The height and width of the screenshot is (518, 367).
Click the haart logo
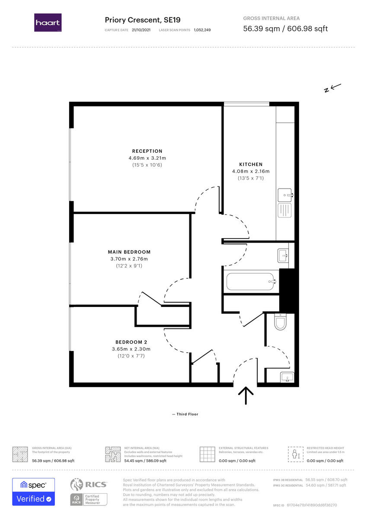pos(48,22)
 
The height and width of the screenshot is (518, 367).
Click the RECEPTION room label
pos(147,151)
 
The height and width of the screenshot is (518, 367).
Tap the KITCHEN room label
pos(251,164)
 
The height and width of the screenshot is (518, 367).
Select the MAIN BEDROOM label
pos(129,252)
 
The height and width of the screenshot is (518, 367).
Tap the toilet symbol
pos(280,322)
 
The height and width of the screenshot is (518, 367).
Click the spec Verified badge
pos(33,492)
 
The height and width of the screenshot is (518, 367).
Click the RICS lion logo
pos(77,485)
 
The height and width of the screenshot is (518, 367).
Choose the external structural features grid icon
pos(207,454)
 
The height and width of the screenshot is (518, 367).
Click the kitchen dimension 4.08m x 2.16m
pos(251,171)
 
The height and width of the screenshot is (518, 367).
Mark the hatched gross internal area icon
pos(19,454)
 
